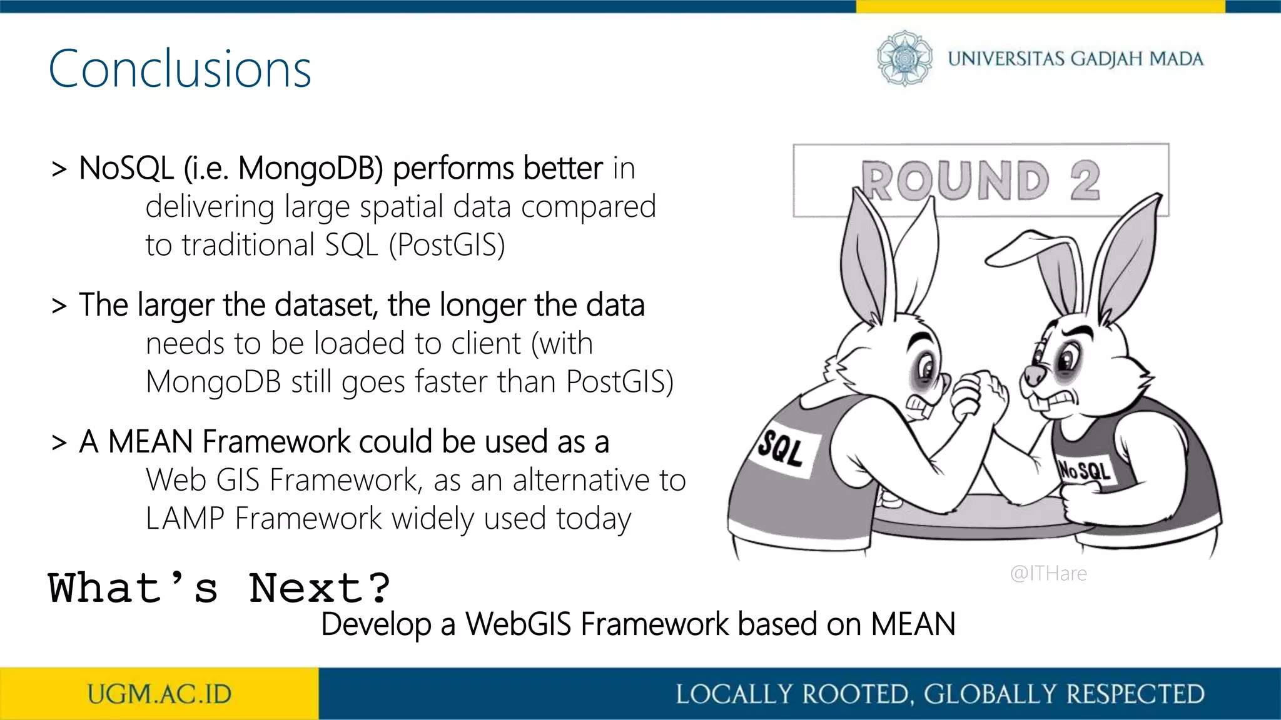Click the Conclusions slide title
180,69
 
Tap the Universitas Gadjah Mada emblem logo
904,58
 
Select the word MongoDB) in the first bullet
310,169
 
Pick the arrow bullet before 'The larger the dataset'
59,306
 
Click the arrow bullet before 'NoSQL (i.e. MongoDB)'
59,169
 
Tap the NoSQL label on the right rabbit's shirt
1084,470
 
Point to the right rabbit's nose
1034,375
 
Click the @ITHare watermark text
1048,573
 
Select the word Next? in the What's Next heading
320,588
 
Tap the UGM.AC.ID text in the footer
159,694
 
